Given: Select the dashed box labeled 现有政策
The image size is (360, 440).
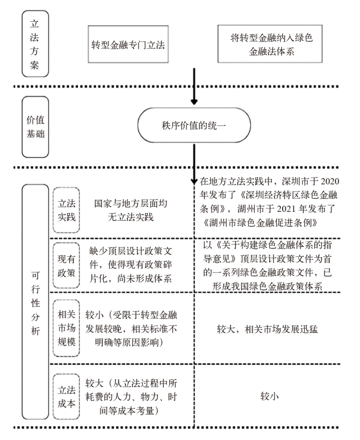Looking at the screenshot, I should [66, 266].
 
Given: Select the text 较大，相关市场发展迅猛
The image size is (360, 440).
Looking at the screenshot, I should [274, 329].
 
